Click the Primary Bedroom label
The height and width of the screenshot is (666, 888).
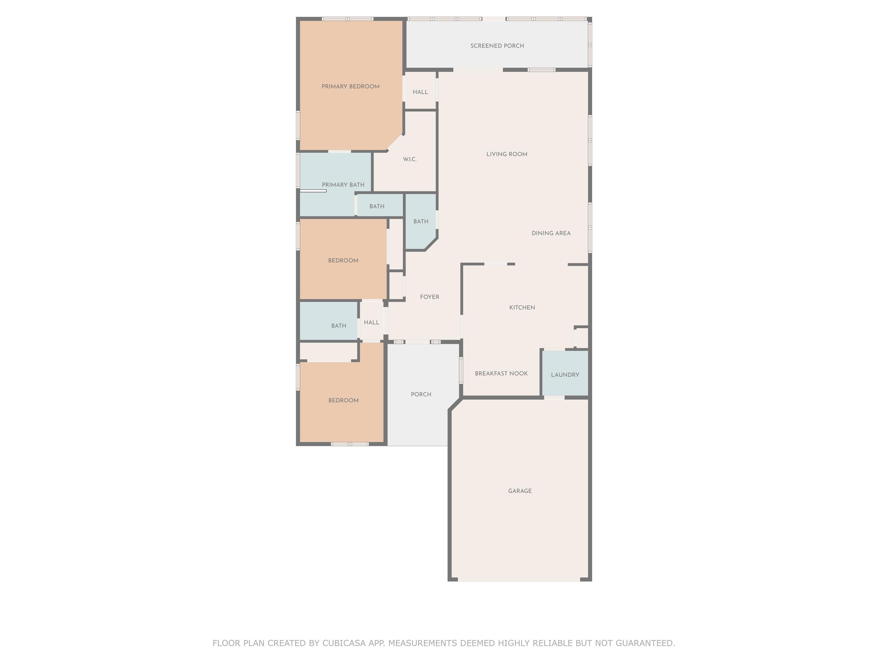pyautogui.click(x=350, y=86)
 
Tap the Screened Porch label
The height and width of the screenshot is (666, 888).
pyautogui.click(x=497, y=46)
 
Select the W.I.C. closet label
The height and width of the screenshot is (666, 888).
pyautogui.click(x=410, y=159)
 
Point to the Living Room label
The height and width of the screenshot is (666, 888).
pyautogui.click(x=507, y=154)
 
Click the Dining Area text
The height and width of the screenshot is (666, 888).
pyautogui.click(x=551, y=233)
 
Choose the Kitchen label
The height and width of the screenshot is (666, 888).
pyautogui.click(x=522, y=308)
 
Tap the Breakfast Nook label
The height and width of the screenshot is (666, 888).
pyautogui.click(x=501, y=373)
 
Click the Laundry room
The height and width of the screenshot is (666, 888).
pyautogui.click(x=565, y=374)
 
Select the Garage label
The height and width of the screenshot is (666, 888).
pyautogui.click(x=520, y=491)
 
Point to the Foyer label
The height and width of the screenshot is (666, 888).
pyautogui.click(x=430, y=297)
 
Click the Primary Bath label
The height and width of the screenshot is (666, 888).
pyautogui.click(x=343, y=185)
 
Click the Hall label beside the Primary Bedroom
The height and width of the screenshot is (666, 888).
pyautogui.click(x=420, y=92)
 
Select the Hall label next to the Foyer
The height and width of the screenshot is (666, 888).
pyautogui.click(x=371, y=322)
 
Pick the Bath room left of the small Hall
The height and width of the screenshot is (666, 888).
pyautogui.click(x=329, y=321)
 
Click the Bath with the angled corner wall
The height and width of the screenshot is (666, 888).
pyautogui.click(x=420, y=222)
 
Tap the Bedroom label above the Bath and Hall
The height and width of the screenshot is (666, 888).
pyautogui.click(x=343, y=260)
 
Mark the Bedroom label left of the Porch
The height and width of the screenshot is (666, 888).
pyautogui.click(x=343, y=400)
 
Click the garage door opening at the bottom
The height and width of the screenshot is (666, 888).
pyautogui.click(x=519, y=579)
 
